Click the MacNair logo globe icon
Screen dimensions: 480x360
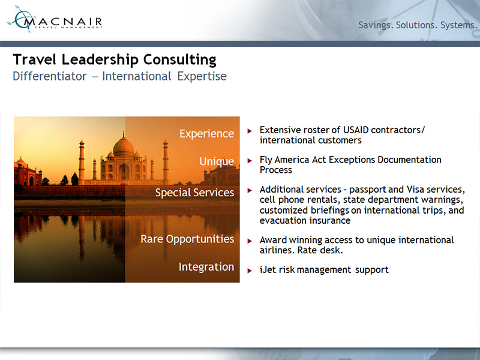click(x=22, y=19)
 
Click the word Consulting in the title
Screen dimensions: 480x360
click(x=179, y=59)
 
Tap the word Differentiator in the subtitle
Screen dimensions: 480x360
click(x=50, y=76)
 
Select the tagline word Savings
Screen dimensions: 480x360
click(x=376, y=25)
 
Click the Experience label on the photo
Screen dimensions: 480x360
click(x=206, y=134)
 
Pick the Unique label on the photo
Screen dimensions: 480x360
click(x=217, y=161)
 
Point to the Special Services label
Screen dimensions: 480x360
click(x=194, y=193)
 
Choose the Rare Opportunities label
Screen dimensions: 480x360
click(x=187, y=239)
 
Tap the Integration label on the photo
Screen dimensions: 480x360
click(x=206, y=267)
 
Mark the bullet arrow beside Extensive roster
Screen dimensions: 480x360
click(x=250, y=131)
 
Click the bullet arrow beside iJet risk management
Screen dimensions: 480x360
click(x=250, y=271)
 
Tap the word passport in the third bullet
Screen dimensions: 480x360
click(x=368, y=190)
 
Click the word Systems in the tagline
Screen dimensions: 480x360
click(x=458, y=25)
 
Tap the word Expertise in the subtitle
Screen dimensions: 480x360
click(x=202, y=77)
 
